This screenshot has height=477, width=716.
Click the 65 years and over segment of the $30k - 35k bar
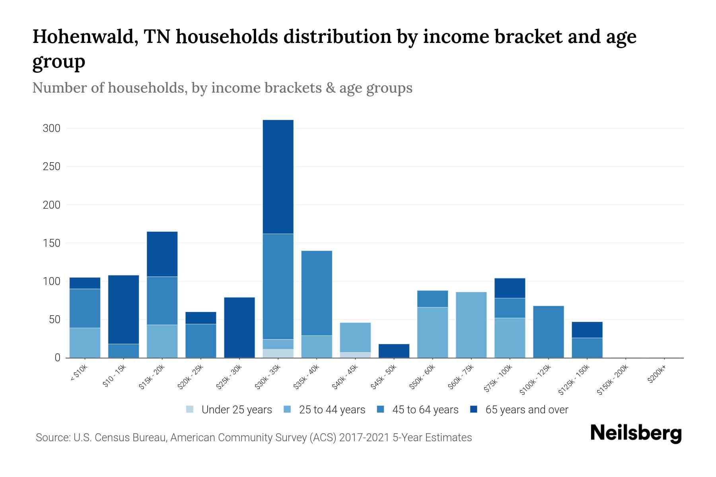point(278,177)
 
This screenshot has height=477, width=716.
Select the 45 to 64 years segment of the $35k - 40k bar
point(317,293)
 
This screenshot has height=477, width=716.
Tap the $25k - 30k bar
point(239,328)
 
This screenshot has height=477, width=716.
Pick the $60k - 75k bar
point(471,325)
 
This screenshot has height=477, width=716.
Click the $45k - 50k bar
point(394,351)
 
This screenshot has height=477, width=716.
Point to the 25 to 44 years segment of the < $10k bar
point(85,343)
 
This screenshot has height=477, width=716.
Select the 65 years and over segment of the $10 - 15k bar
point(123,309)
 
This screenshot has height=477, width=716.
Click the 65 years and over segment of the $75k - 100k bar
point(510,288)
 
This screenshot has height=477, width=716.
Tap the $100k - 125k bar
point(548,332)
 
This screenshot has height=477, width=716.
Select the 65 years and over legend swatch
point(474,409)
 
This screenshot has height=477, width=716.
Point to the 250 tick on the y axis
point(52,167)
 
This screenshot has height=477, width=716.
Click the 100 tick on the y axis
point(52,281)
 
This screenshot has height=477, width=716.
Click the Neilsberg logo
point(636,433)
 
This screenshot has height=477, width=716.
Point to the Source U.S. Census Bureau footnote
point(253,438)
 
